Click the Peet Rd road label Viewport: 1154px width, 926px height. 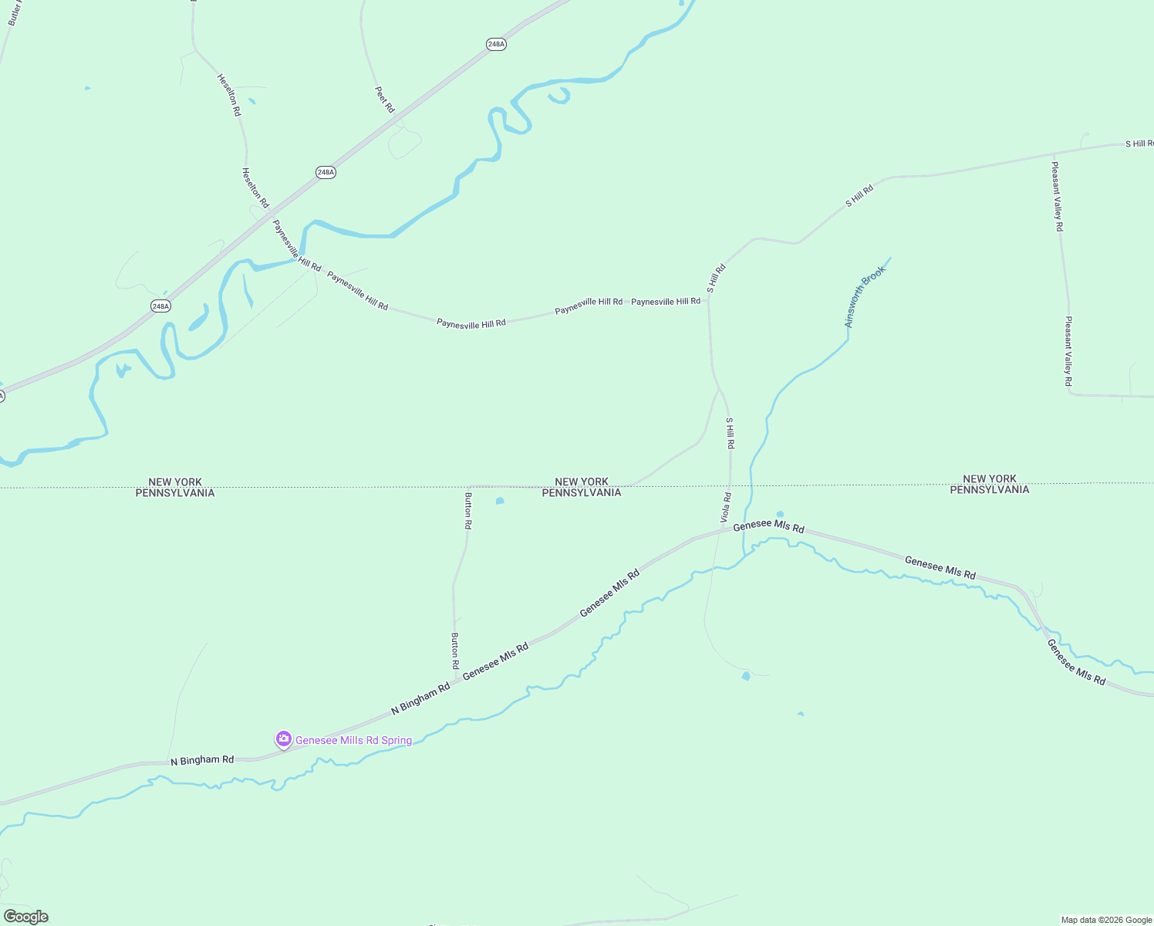pos(385,100)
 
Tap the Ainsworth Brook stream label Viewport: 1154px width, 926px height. pos(865,297)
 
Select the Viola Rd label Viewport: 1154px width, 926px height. pos(726,507)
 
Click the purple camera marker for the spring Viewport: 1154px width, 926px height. pos(283,739)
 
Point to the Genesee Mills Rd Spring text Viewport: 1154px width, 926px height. pos(353,741)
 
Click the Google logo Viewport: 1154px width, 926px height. pos(25,917)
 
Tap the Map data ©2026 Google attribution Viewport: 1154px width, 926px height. pos(1106,920)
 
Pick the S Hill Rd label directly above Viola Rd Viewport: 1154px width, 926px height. pos(730,434)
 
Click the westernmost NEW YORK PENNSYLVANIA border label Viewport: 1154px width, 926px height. pos(175,488)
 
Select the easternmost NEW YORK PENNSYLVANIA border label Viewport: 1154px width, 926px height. pos(990,485)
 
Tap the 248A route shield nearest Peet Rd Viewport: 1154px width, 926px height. pos(496,44)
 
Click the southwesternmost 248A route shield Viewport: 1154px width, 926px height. pos(160,306)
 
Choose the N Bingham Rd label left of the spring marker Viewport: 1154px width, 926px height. pos(202,760)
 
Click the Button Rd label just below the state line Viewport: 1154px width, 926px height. pos(468,510)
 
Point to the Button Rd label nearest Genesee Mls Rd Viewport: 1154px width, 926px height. pos(455,651)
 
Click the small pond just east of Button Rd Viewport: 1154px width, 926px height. pos(500,501)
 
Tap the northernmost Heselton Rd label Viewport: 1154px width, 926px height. pos(229,95)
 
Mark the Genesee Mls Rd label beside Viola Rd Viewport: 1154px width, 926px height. pos(768,527)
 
